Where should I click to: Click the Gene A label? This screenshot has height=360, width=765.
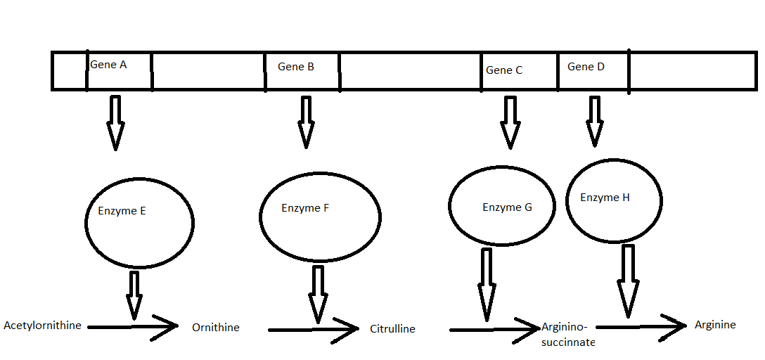108,65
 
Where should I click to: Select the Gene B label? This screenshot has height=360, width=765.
296,67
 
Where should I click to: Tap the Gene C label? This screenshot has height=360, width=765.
504,70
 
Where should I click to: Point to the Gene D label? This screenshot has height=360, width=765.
586,67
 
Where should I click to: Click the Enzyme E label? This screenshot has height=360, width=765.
122,210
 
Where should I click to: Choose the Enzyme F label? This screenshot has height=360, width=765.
305,208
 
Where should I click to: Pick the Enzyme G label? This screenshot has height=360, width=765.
507,207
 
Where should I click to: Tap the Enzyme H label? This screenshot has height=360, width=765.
605,198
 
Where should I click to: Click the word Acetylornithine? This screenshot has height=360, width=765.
42,326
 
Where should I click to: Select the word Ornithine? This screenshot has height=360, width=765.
216,327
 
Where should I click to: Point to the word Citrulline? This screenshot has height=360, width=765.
392,328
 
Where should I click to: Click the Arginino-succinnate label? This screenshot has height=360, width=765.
568,335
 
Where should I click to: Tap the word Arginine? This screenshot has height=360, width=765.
715,325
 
